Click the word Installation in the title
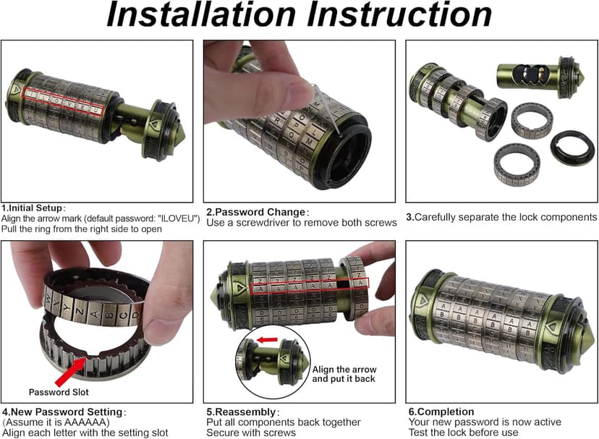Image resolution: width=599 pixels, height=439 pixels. pos(201,14)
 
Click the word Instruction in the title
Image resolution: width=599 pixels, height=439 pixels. pos(399,14)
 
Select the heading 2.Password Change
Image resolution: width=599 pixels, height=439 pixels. pos(256,212)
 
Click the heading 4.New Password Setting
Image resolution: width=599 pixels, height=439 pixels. pos(63,412)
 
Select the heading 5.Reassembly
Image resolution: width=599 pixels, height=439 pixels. pos(242,412)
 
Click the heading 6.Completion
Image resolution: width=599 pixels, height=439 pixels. pos(441,412)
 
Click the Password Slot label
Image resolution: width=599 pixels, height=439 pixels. pos(59,392)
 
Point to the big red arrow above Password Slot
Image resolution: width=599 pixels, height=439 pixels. pos(70,370)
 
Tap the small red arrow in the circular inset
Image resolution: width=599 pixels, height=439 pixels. pos(267,340)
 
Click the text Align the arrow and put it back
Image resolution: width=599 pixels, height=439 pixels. pos(344,374)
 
